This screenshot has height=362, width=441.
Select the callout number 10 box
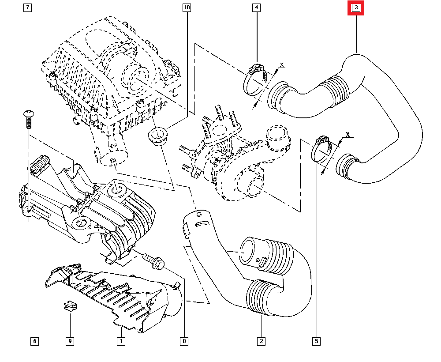(x=187, y=8)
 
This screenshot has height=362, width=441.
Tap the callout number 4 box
(x=257, y=8)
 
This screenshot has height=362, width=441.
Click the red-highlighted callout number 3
(x=356, y=8)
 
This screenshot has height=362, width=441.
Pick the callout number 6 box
(x=34, y=341)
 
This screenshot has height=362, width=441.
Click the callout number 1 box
(x=120, y=341)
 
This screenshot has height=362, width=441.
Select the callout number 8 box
(x=184, y=341)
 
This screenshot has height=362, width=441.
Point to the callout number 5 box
(x=316, y=341)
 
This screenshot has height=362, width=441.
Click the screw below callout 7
(x=28, y=117)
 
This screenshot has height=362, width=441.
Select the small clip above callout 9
(x=69, y=305)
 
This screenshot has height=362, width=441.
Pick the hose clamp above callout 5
(x=323, y=152)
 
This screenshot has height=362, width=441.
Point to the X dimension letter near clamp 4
(x=282, y=65)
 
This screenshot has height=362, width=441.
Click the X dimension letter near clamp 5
(x=348, y=134)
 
